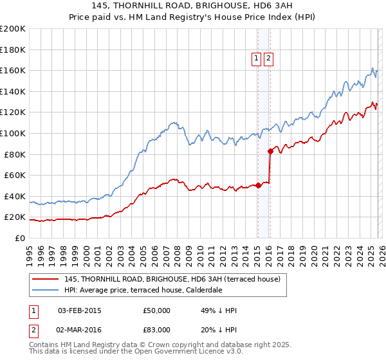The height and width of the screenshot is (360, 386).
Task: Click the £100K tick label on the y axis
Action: coord(13,133)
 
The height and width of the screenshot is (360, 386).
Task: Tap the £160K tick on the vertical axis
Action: coord(13,70)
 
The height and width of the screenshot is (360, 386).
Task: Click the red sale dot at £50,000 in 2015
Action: coord(258,185)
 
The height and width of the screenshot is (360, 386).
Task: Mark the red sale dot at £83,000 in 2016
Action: coord(270,151)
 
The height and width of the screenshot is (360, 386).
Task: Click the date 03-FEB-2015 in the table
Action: coord(80,311)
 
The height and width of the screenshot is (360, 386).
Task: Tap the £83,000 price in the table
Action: coord(156,330)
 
